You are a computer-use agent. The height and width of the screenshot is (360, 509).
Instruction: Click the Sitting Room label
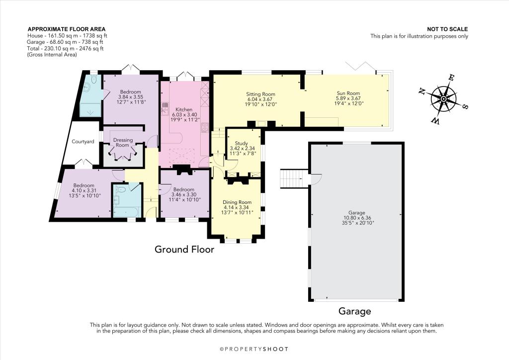click(x=260, y=94)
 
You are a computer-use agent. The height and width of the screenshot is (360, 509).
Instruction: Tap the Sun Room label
click(x=348, y=93)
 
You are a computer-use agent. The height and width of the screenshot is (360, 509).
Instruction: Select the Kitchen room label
click(x=184, y=110)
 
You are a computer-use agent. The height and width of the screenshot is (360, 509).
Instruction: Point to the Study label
click(x=242, y=143)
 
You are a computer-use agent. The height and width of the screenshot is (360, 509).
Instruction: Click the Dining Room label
click(x=237, y=202)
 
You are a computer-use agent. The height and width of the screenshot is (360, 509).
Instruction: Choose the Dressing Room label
click(x=123, y=143)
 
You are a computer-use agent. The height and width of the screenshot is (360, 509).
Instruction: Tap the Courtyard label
click(x=83, y=142)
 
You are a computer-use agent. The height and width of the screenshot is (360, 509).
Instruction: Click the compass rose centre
click(x=443, y=99)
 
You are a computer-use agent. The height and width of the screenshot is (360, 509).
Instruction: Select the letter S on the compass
click(x=465, y=107)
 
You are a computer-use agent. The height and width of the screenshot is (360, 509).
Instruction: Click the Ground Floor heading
click(x=184, y=249)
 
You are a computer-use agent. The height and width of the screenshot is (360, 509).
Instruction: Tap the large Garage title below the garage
click(x=354, y=311)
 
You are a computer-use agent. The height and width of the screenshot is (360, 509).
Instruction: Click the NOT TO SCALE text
click(x=447, y=29)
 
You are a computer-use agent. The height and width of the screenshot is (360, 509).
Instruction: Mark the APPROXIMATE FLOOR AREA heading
click(x=67, y=29)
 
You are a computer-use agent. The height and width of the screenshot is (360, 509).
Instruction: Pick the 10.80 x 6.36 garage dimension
click(x=357, y=218)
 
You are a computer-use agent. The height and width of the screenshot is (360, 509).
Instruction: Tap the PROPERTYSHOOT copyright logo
click(x=254, y=349)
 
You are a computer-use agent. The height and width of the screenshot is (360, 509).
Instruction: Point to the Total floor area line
click(x=65, y=48)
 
